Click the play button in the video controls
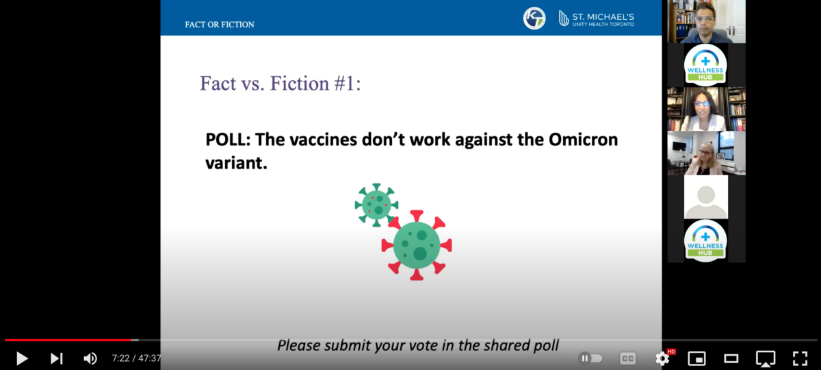22,358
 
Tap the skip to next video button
56,358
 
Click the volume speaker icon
90,358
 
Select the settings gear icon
662,358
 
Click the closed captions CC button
628,358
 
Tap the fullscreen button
800,358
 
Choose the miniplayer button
696,358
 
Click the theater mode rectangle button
731,358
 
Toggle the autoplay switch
590,358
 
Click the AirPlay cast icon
766,358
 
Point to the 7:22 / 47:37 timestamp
136,358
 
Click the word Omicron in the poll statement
583,140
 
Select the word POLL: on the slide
228,140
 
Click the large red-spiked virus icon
417,245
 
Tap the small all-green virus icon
376,205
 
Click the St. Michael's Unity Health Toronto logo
597,18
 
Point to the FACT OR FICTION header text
219,25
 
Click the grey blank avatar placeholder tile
706,197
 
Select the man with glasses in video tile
706,22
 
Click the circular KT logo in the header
534,18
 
